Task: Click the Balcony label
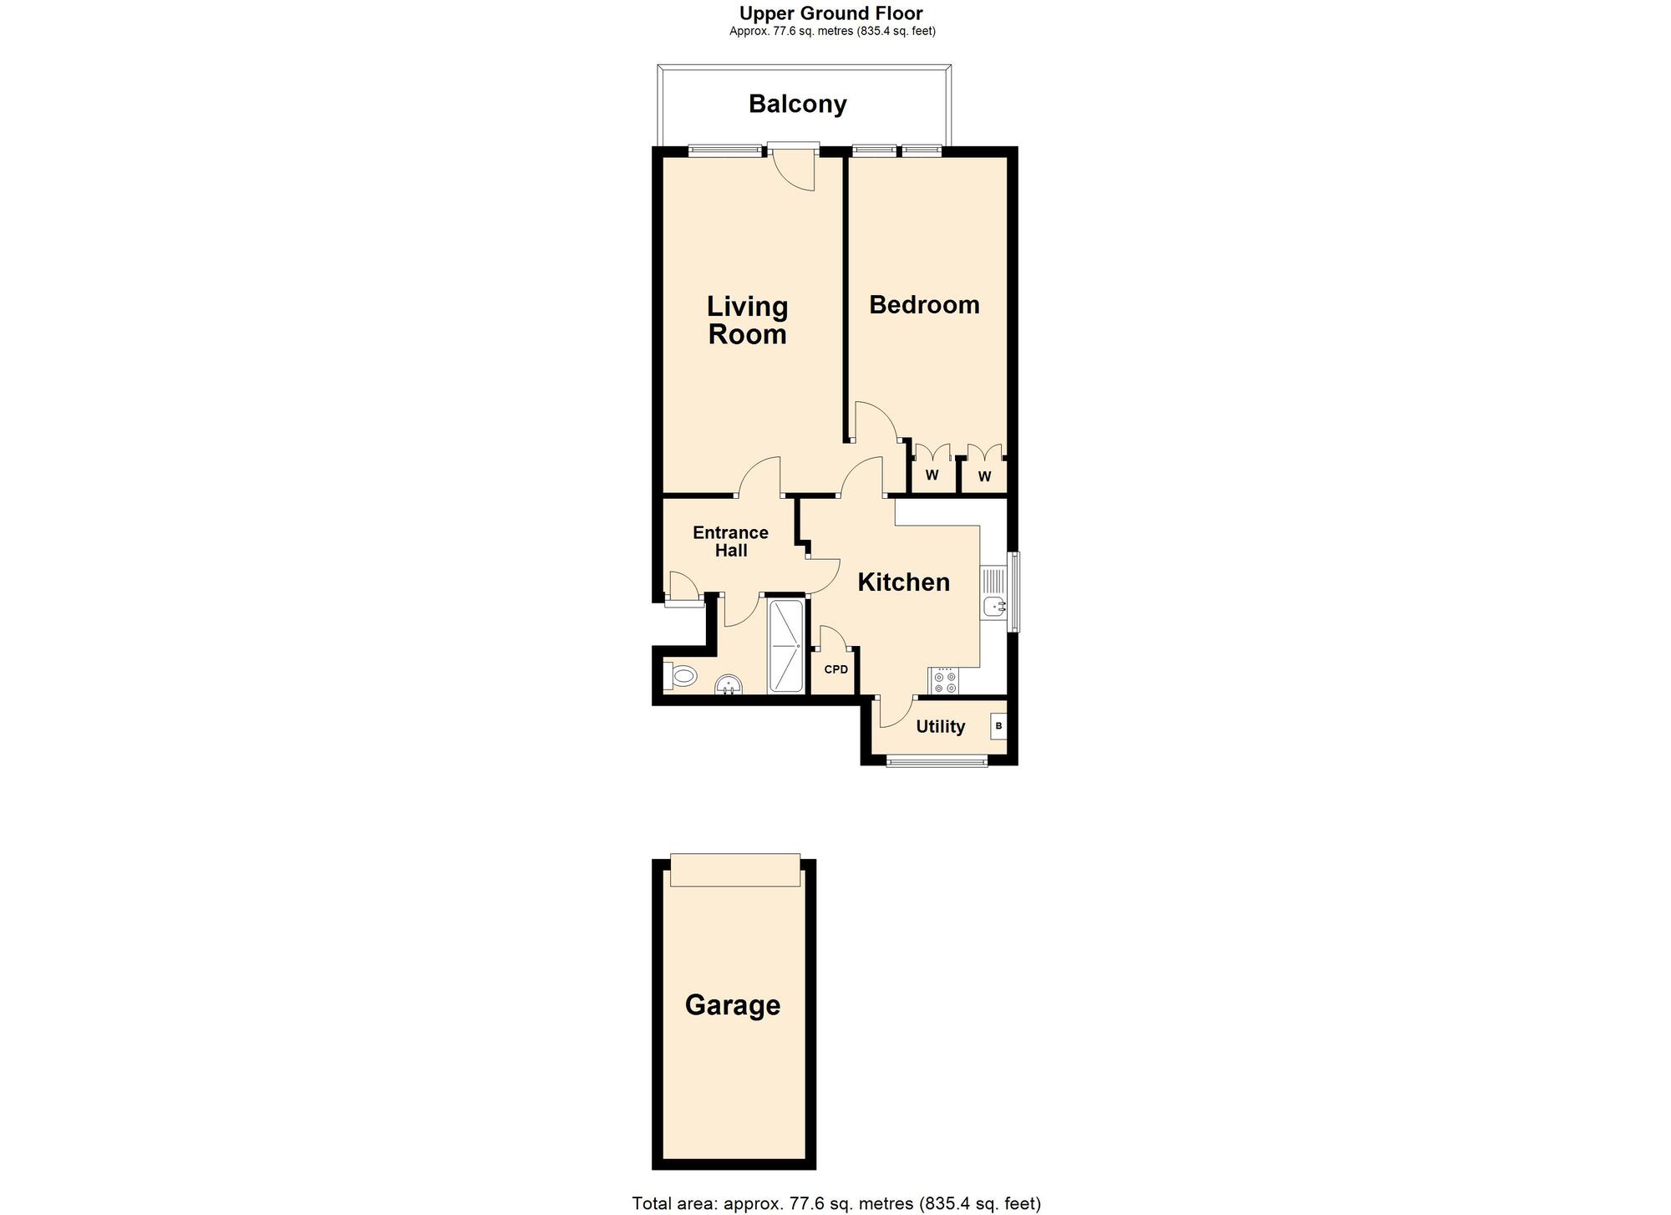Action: (797, 104)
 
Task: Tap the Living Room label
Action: (747, 320)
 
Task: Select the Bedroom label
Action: (924, 304)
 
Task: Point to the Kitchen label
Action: (903, 582)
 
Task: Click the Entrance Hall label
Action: (730, 541)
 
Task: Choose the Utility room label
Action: (940, 726)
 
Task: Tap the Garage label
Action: (732, 1004)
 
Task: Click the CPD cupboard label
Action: (835, 669)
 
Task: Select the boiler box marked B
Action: (998, 726)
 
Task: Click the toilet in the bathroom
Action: (681, 675)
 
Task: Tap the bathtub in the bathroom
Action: (785, 646)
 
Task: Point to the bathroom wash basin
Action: (729, 686)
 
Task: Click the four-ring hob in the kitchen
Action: (945, 680)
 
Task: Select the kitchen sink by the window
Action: (993, 606)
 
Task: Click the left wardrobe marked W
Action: (932, 475)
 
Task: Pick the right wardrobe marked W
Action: (984, 476)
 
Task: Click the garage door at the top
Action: (734, 870)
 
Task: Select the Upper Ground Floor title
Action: (830, 13)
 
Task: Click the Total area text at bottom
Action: (835, 1203)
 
